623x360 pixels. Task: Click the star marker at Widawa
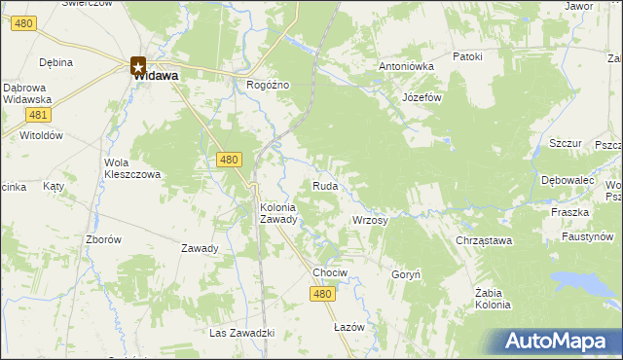tap(138, 67)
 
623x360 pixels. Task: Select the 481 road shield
tap(35, 117)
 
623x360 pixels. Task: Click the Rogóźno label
tap(269, 85)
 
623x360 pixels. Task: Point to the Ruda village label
tap(325, 185)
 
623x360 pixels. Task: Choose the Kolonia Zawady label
tap(284, 213)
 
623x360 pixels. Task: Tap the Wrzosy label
tap(370, 221)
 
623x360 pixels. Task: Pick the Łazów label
tap(348, 327)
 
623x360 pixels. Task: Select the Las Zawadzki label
tap(242, 334)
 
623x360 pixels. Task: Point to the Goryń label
tap(405, 275)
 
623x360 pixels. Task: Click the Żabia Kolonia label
tap(493, 298)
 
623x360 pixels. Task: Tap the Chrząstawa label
tap(484, 240)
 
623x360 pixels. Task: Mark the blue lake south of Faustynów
tap(585, 283)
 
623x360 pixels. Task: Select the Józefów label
tap(422, 98)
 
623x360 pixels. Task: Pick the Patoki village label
tap(466, 56)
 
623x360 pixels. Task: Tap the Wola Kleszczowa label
tap(132, 168)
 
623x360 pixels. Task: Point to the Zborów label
tap(103, 239)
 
